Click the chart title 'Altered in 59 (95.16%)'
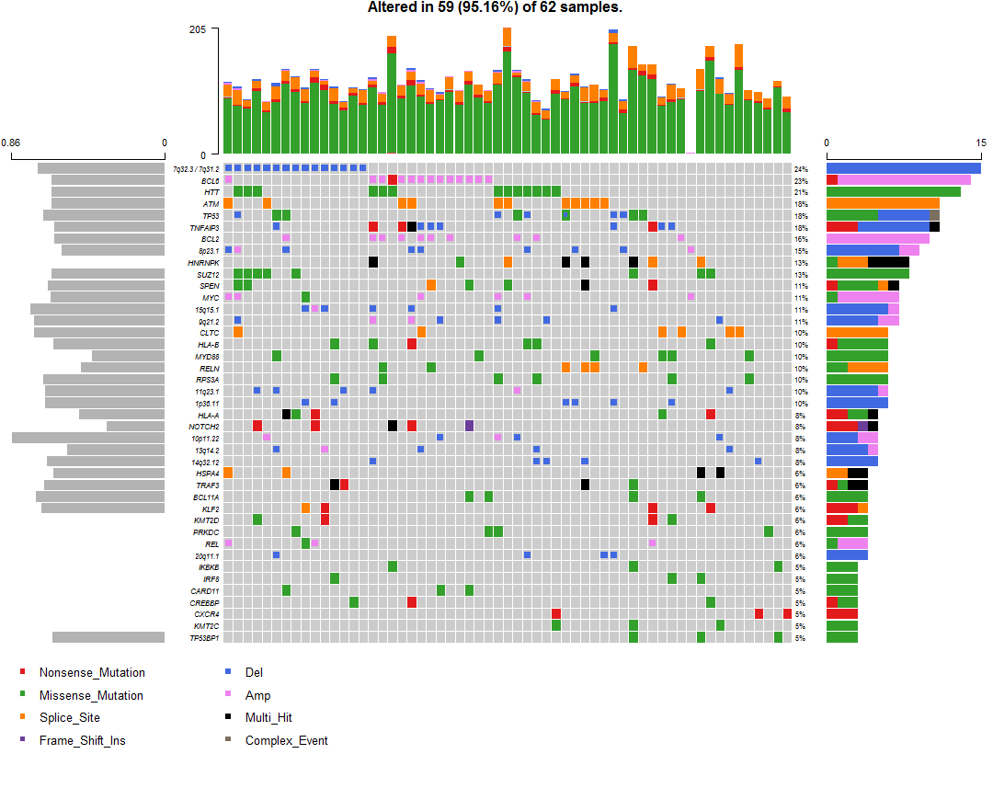pyautogui.click(x=495, y=7)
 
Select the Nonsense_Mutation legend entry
pyautogui.click(x=92, y=672)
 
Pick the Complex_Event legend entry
pyautogui.click(x=286, y=740)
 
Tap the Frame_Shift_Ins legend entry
pyautogui.click(x=82, y=740)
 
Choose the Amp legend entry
pyautogui.click(x=257, y=695)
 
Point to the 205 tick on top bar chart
pyautogui.click(x=197, y=29)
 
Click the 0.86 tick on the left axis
pyautogui.click(x=11, y=143)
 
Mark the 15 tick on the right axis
pyautogui.click(x=980, y=143)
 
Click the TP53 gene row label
pyautogui.click(x=211, y=215)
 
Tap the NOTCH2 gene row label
pyautogui.click(x=205, y=427)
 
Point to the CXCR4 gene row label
pyautogui.click(x=206, y=613)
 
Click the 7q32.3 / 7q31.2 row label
pyautogui.click(x=196, y=168)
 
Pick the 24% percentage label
pyautogui.click(x=801, y=169)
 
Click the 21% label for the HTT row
pyautogui.click(x=801, y=192)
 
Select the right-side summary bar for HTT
pyautogui.click(x=893, y=191)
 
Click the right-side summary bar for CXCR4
pyautogui.click(x=841, y=613)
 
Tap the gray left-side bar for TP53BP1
pyautogui.click(x=108, y=637)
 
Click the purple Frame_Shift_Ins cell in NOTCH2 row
pyautogui.click(x=469, y=426)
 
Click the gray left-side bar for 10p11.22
pyautogui.click(x=88, y=438)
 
